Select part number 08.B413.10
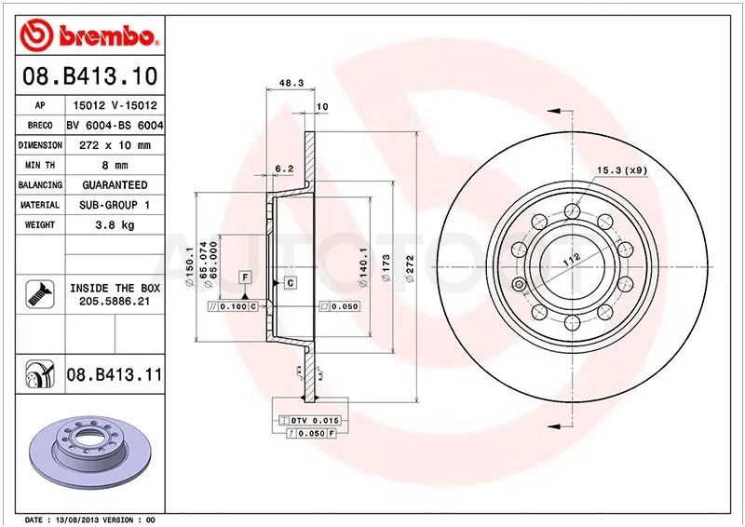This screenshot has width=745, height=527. click(x=89, y=76)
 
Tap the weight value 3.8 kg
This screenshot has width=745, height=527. click(x=115, y=224)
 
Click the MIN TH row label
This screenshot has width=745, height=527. click(x=40, y=165)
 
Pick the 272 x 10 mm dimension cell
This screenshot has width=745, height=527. click(x=115, y=145)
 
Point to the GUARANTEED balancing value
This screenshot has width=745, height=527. click(x=115, y=185)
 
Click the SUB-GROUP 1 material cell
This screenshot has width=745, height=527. click(x=115, y=205)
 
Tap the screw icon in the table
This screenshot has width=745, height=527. click(x=40, y=294)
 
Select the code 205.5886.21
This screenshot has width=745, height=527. click(x=115, y=302)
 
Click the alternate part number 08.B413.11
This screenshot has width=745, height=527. click(x=115, y=374)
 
